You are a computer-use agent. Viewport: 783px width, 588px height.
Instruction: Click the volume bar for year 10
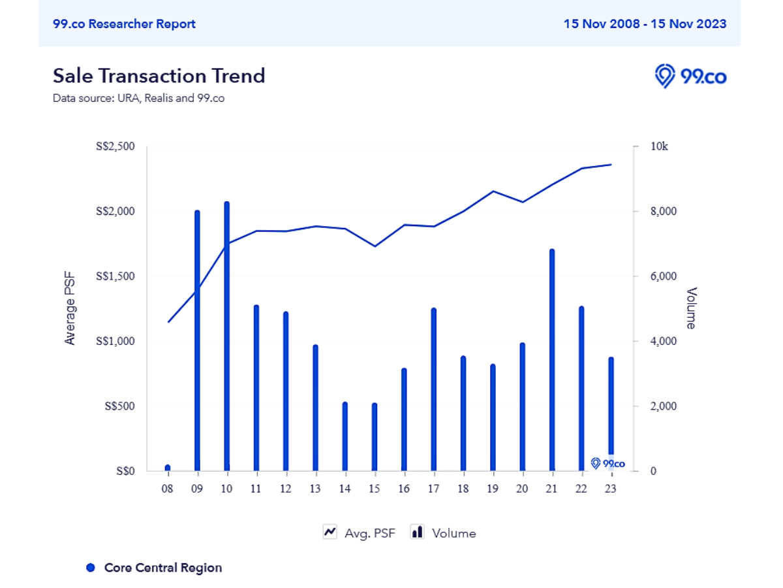[x=226, y=336]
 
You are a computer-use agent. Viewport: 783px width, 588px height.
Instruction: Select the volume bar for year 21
[x=551, y=360]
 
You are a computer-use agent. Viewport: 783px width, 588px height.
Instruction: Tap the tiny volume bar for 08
[x=168, y=467]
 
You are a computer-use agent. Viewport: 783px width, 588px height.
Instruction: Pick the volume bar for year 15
[x=374, y=437]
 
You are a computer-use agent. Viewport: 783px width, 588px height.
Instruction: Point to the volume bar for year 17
[x=433, y=389]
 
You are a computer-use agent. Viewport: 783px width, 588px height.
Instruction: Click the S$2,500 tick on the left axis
[x=115, y=146]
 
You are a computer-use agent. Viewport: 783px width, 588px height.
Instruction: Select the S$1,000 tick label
[x=115, y=341]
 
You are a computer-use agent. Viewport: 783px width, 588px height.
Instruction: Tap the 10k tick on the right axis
[x=660, y=146]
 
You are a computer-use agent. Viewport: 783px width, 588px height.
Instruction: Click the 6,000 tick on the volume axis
[x=664, y=276]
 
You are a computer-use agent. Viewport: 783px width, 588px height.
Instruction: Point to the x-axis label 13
[x=315, y=489]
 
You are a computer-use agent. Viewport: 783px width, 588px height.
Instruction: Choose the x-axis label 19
[x=493, y=489]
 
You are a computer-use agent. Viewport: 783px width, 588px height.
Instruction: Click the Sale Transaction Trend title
[x=159, y=76]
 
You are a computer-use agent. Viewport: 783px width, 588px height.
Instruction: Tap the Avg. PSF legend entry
[x=360, y=532]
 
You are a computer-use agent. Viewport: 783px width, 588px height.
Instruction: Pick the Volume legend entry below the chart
[x=444, y=532]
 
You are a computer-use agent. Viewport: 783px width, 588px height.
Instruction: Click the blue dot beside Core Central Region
[x=91, y=568]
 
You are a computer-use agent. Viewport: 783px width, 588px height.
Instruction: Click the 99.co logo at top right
[x=690, y=76]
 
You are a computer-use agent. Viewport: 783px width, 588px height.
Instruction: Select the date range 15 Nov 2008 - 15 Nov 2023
[x=645, y=24]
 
